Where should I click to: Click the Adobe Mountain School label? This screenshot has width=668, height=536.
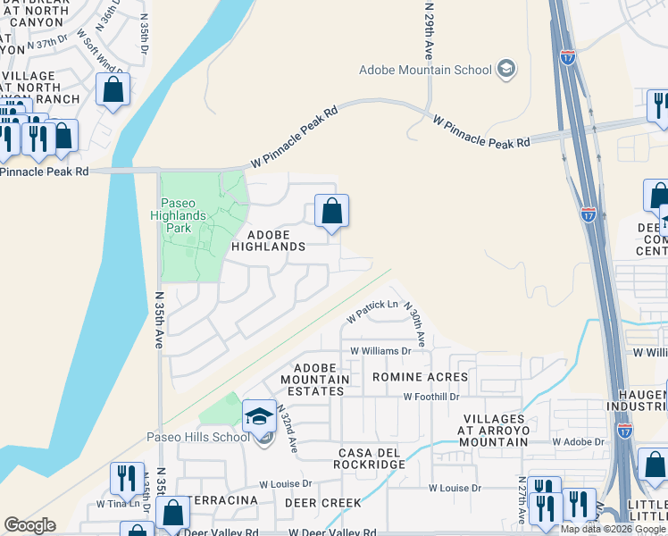[x=425, y=70]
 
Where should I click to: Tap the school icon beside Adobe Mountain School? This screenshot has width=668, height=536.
[x=506, y=69]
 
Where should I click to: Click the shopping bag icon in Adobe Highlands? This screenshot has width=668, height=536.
[x=331, y=212]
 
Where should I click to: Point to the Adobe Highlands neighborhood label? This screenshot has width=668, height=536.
[x=267, y=238]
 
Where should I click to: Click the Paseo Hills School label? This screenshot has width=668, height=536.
[x=197, y=437]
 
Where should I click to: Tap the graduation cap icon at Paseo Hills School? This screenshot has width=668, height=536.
[x=259, y=415]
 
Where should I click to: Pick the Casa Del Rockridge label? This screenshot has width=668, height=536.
[x=369, y=457]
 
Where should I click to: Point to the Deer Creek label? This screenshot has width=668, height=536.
[x=322, y=503]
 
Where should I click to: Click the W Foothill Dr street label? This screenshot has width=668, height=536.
[x=430, y=396]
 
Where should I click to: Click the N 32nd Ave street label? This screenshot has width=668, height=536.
[x=286, y=428]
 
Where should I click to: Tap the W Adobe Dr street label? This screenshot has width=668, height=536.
[x=579, y=441]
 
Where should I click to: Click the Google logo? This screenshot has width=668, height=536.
[x=30, y=524]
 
